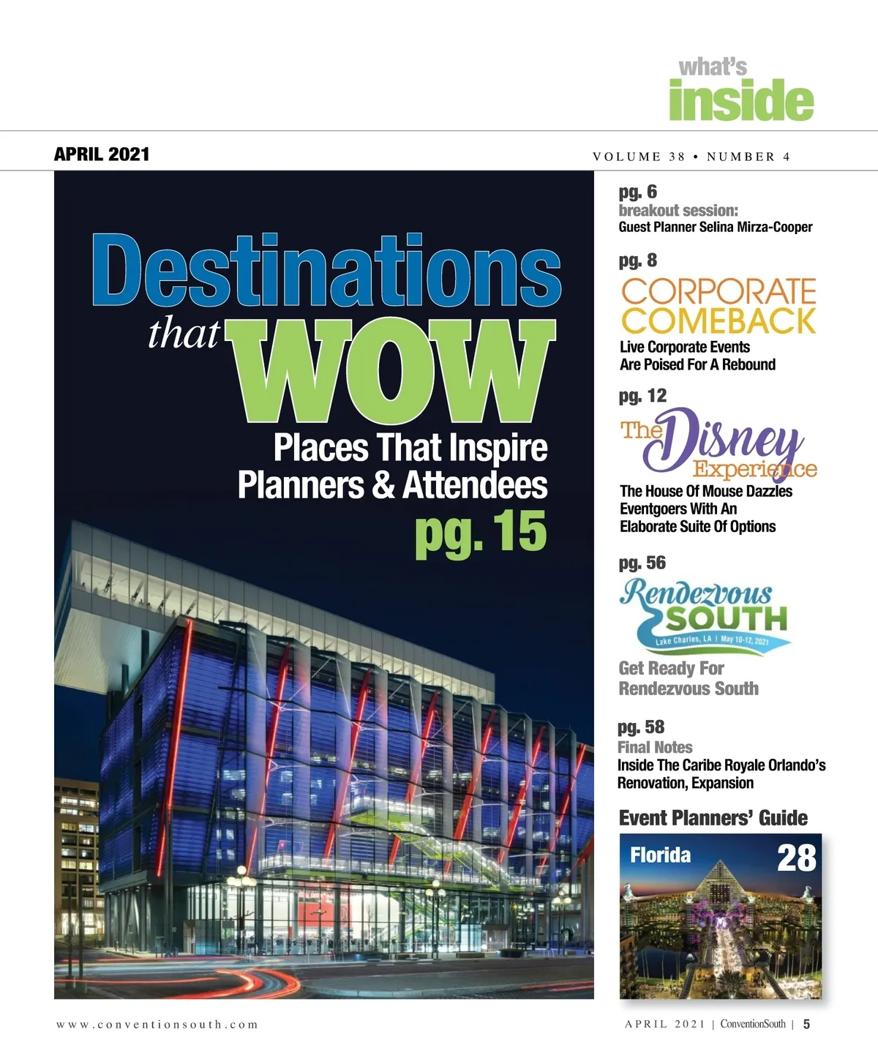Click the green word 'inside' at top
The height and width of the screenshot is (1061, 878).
point(740,102)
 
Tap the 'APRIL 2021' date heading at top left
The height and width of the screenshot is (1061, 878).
point(102,154)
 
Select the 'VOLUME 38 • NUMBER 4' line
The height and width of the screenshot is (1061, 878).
point(691,157)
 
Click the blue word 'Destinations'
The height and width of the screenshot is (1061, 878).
point(326,271)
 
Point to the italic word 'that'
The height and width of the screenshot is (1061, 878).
point(184,335)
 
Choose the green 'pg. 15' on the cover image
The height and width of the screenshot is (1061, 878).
point(481,531)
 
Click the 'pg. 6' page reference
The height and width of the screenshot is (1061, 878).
point(637,192)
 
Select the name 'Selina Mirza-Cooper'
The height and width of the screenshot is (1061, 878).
point(756,227)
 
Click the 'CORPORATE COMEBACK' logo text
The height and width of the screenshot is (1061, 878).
point(718,306)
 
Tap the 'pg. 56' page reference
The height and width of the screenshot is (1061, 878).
point(642,563)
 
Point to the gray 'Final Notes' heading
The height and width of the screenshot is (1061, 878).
point(655,747)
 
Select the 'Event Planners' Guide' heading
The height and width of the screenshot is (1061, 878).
point(713,818)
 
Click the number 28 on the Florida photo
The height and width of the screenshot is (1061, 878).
point(796,858)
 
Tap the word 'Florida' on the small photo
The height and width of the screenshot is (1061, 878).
point(660,855)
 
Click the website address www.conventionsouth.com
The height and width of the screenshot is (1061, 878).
point(157,1024)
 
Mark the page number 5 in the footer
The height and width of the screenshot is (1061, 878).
point(806,1024)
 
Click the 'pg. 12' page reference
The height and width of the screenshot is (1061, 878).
point(642,396)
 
